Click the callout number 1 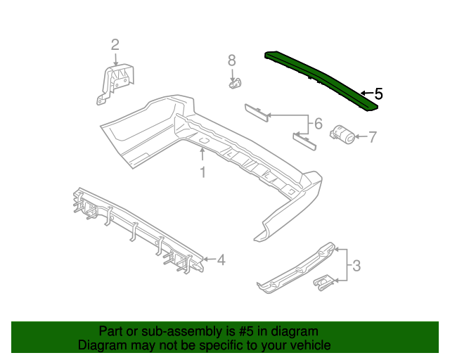(202, 172)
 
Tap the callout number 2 (115, 45)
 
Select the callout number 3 (356, 266)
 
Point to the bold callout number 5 (378, 93)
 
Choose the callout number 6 (317, 124)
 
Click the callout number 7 (372, 136)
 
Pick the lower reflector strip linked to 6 (303, 141)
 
